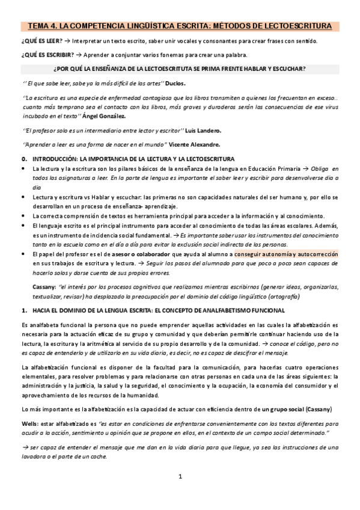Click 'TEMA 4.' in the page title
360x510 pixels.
pyautogui.click(x=41, y=26)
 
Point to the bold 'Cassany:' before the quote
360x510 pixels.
pyautogui.click(x=45, y=287)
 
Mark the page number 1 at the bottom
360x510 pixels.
pyautogui.click(x=180, y=493)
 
